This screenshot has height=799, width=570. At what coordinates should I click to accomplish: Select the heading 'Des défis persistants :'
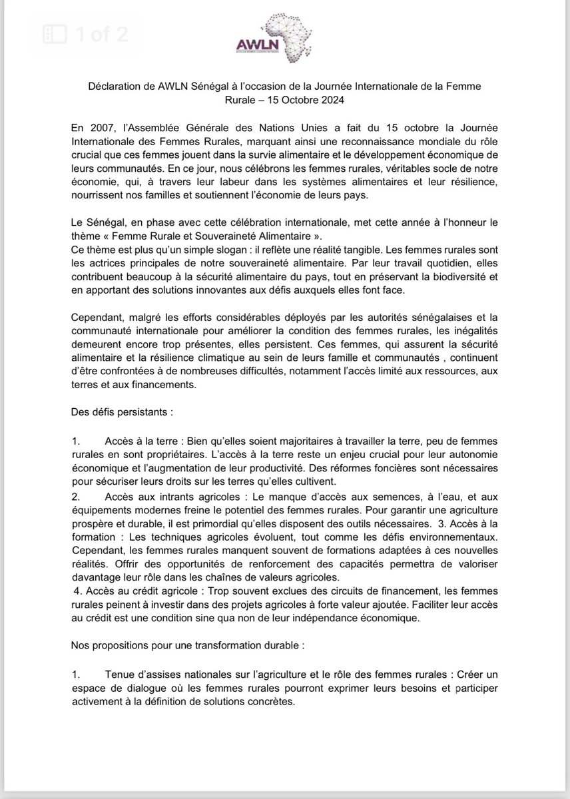(122, 412)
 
